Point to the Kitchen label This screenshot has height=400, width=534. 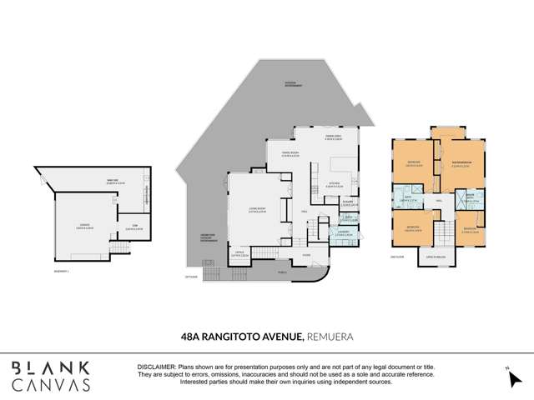[x=330, y=187]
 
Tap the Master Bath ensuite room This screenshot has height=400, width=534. [x=471, y=199]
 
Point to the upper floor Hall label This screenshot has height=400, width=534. [x=438, y=200]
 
